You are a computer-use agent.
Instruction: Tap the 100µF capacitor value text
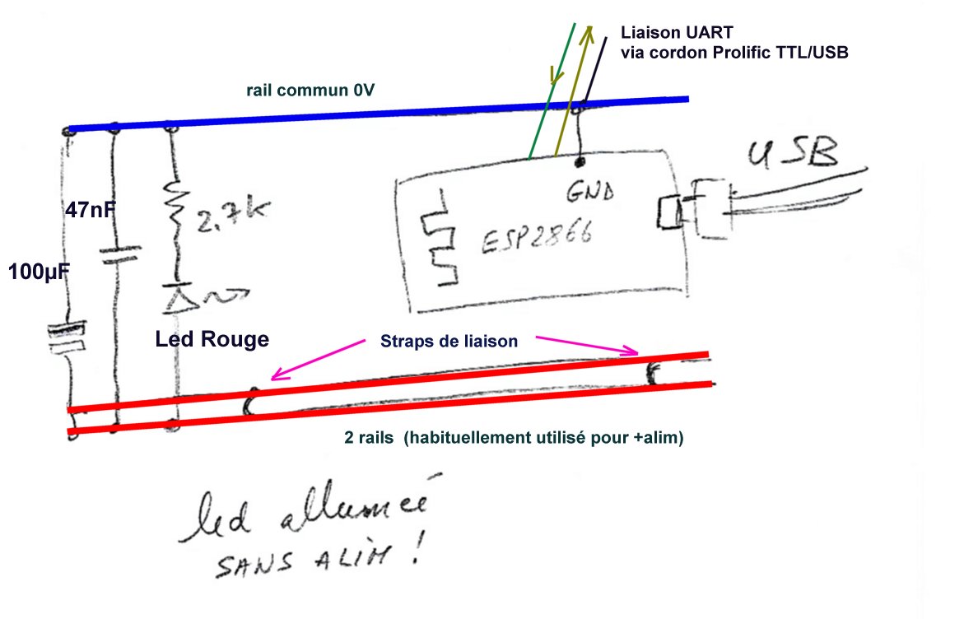tap(37, 271)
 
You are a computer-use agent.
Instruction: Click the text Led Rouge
tap(212, 339)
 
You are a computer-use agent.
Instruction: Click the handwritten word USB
tap(794, 156)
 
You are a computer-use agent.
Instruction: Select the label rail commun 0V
tap(310, 91)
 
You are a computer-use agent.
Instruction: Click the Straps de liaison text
tap(449, 340)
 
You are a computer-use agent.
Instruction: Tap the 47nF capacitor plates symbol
tap(115, 254)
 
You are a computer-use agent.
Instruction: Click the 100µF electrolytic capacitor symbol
tap(65, 338)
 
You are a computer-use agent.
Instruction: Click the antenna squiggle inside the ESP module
tap(438, 239)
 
